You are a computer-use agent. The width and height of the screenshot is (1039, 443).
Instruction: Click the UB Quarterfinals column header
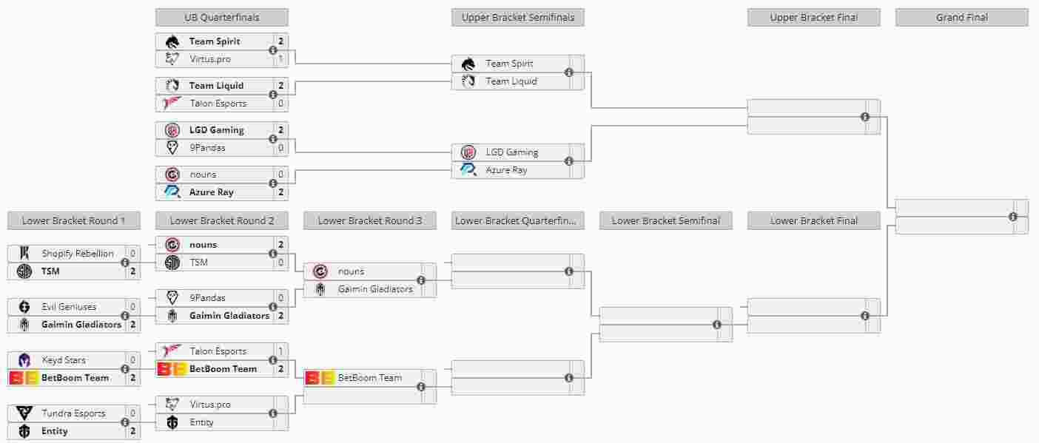point(221,17)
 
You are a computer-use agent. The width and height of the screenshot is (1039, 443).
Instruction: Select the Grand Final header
point(961,17)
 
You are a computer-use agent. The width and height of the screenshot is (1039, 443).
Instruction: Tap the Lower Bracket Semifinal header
point(665,220)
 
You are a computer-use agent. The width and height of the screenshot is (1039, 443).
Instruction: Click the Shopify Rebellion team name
point(78,254)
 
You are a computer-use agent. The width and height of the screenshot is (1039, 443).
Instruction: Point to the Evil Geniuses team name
point(69,307)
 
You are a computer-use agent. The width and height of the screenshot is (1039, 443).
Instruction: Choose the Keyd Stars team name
point(64,360)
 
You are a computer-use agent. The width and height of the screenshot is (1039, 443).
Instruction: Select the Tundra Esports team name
point(73,413)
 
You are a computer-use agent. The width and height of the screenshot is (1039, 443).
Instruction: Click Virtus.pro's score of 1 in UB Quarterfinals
point(281,59)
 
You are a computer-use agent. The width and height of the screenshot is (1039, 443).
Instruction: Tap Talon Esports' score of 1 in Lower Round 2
point(281,351)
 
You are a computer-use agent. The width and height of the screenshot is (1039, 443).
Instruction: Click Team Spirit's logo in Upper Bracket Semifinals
point(468,64)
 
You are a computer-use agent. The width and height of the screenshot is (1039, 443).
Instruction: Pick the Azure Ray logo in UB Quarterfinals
point(172,192)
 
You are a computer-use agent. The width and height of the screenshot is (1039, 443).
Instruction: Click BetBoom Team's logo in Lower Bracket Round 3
point(320,378)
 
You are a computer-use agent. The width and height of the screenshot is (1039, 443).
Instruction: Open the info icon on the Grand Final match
point(1013,217)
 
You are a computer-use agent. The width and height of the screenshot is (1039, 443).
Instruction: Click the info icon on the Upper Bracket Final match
point(865,117)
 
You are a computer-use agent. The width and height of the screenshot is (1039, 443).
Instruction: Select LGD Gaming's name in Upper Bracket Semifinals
point(511,152)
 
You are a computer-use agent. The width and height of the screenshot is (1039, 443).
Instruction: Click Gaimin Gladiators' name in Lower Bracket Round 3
point(375,289)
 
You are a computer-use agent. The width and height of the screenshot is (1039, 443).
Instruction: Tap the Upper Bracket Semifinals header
point(517,17)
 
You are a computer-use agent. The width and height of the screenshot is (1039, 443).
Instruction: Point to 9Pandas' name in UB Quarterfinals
point(207,148)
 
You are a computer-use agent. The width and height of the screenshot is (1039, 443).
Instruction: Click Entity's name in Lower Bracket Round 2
point(201,422)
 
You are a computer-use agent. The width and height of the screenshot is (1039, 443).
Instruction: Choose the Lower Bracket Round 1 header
point(73,220)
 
